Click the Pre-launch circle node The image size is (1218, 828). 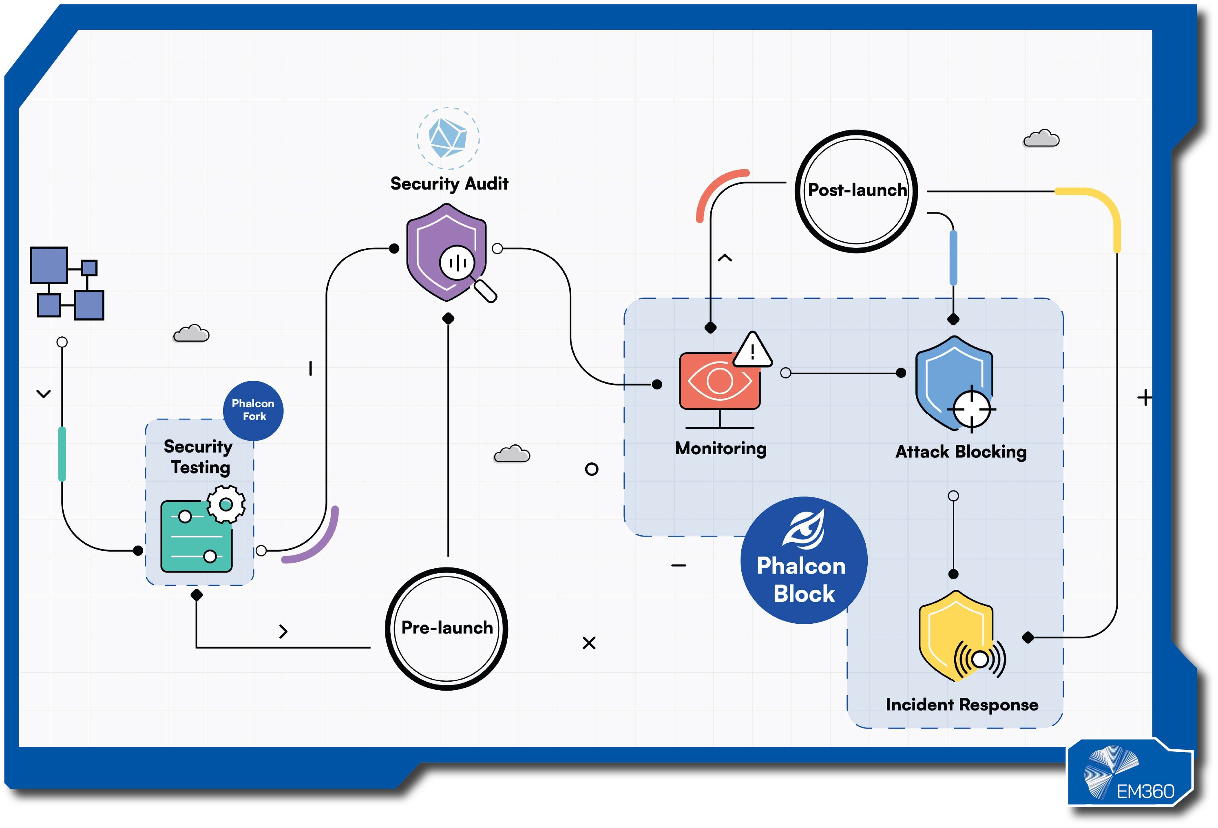click(x=446, y=628)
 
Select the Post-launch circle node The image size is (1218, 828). click(x=856, y=191)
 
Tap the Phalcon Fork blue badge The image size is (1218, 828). click(x=253, y=411)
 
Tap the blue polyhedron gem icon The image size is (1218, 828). click(x=448, y=138)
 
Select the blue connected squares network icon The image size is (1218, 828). click(x=66, y=283)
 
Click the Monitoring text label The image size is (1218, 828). click(x=721, y=448)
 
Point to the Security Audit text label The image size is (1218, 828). click(x=449, y=184)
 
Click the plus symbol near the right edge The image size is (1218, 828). click(x=1145, y=398)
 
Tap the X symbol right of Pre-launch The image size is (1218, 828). click(x=589, y=643)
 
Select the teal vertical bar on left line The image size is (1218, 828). click(x=62, y=454)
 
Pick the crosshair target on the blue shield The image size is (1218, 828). click(x=971, y=409)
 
